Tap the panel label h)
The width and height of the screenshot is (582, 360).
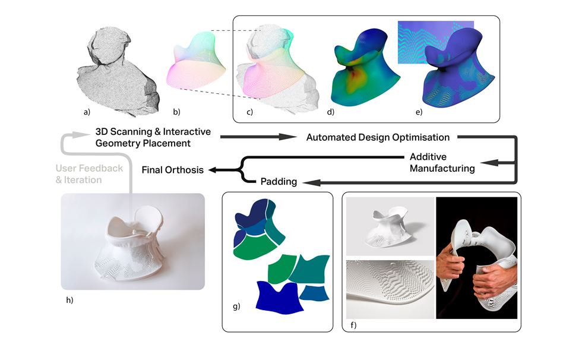coord(69,299)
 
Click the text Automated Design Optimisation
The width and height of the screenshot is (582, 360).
coord(377,137)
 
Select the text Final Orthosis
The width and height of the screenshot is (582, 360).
coord(172,170)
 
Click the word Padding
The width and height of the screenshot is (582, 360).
coord(279,182)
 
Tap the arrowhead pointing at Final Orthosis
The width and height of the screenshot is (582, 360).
coord(210,170)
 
